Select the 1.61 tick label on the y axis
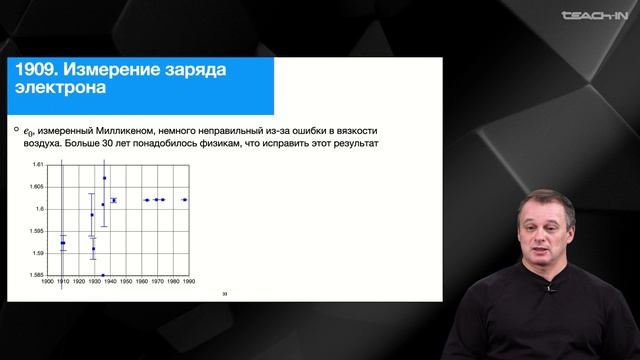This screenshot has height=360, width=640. tap(38, 164)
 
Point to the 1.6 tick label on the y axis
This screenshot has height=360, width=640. tap(41, 208)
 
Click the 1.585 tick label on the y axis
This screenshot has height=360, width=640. tap(36, 274)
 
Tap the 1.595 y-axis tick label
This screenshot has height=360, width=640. tap(36, 230)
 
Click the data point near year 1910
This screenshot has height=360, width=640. tap(63, 243)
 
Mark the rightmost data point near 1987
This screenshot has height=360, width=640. tap(184, 200)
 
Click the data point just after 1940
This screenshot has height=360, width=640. tap(113, 200)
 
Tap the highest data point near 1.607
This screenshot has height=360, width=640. tap(104, 178)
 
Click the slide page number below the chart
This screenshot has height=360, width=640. tap(224, 293)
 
